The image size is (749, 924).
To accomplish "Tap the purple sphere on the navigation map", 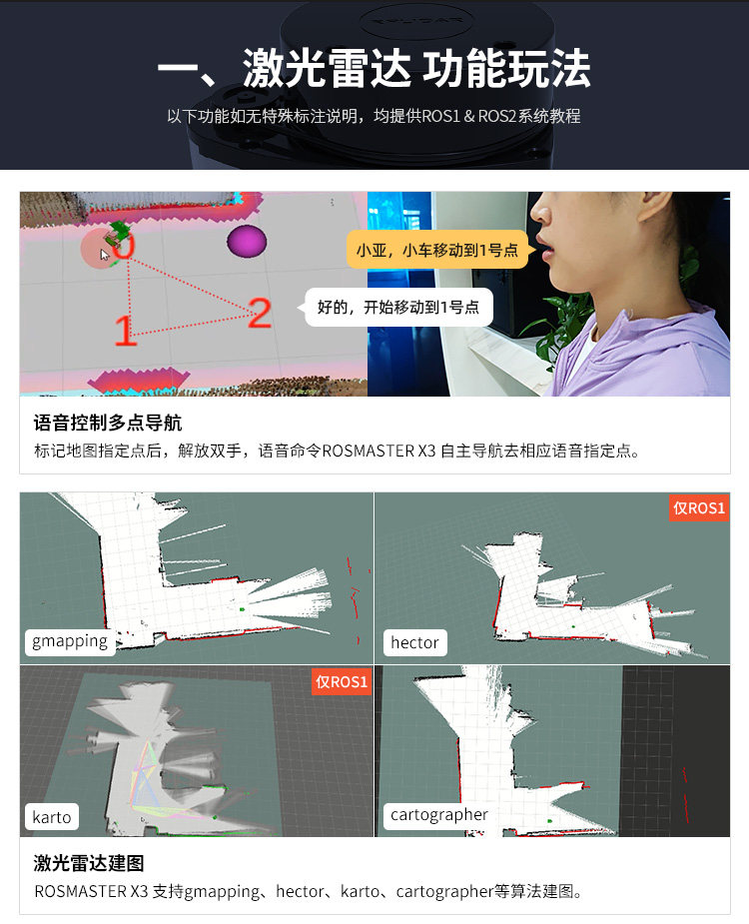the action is pos(247,241).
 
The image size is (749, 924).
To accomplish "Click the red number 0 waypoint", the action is pos(124,246).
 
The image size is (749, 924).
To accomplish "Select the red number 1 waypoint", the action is pos(125,330).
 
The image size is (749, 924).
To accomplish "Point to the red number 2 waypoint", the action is pos(260,313).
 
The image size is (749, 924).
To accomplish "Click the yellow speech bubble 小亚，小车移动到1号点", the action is pos(436,250).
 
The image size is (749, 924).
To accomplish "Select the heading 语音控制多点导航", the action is pos(108,423).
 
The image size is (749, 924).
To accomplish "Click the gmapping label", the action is pos(70,641).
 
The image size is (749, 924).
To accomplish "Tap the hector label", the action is pos(414,642).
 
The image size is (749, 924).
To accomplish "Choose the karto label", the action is pos(52,817).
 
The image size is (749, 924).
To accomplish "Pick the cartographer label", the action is pos(439,814).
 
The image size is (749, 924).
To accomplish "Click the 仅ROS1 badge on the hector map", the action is pos(699,508).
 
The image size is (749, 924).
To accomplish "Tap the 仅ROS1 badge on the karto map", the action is pos(342,682).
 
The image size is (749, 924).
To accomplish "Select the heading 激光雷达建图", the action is pos(89,863).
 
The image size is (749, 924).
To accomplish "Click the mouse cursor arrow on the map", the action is pos(104,255).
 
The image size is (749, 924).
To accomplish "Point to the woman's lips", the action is pos(545,250).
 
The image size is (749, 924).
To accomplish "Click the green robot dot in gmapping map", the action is pos(242,609).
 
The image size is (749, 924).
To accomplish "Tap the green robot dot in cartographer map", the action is pos(550,820).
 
